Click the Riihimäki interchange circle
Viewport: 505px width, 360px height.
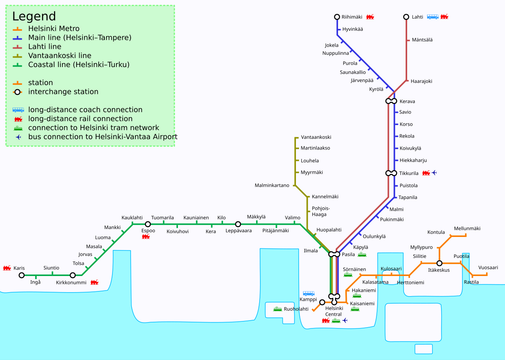(x=337, y=17)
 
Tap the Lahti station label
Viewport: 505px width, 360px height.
(x=417, y=17)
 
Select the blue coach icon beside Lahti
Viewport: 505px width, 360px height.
(x=432, y=17)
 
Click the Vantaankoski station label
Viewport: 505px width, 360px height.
(x=316, y=137)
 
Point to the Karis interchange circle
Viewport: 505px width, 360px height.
(x=22, y=275)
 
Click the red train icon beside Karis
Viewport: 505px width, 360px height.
(x=7, y=268)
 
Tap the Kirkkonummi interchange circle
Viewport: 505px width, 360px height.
(x=73, y=275)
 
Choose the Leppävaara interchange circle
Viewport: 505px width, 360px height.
(x=238, y=224)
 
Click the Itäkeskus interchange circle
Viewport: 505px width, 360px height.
(x=439, y=263)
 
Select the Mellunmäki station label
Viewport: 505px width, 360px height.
(x=467, y=229)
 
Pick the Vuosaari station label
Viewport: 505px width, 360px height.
(x=488, y=267)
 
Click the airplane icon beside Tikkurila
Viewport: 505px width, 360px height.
(x=434, y=173)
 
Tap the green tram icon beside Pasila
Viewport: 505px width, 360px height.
(x=362, y=255)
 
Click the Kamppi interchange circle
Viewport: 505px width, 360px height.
(x=322, y=302)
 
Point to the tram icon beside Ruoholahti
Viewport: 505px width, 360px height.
(x=277, y=309)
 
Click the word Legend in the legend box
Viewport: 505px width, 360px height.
(x=34, y=16)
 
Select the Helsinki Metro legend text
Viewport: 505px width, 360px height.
(x=54, y=29)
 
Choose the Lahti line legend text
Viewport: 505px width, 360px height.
(x=45, y=47)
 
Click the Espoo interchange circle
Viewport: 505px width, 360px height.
(x=148, y=224)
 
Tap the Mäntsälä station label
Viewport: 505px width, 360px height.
(x=422, y=40)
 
